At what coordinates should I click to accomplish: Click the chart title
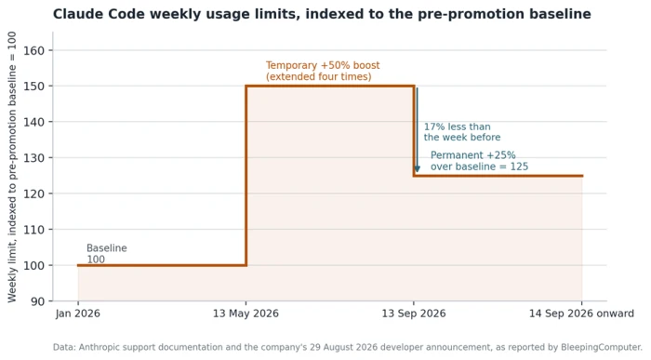322,14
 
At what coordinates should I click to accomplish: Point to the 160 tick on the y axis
34,50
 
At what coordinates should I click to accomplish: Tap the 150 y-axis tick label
34,87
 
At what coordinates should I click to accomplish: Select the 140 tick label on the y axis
34,122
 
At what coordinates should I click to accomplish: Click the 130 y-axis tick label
34,158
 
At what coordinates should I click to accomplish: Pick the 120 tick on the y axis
34,193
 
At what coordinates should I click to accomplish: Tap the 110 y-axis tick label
34,230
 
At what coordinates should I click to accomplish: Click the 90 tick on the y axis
38,301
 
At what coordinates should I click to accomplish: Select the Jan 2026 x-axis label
78,313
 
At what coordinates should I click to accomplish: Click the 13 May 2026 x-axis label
246,313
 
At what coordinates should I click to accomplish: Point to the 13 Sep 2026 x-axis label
414,313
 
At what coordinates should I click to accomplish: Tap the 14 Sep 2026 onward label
581,313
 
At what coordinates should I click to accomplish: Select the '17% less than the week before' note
462,132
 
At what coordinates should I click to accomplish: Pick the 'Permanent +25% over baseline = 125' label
479,161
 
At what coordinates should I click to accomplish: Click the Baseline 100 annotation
107,254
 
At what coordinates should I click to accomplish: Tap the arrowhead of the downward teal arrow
418,169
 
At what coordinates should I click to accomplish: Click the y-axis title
11,167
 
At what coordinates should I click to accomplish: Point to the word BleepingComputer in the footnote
602,348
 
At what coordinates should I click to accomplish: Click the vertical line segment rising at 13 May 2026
246,176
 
